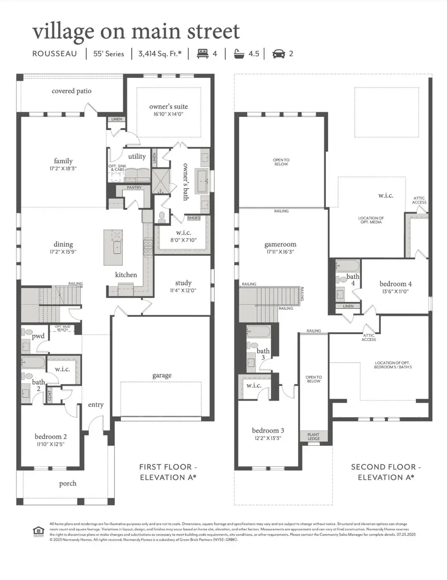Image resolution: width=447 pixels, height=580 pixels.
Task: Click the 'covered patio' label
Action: click(72, 91)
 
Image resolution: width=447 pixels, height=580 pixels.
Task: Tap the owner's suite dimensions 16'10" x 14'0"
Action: click(168, 114)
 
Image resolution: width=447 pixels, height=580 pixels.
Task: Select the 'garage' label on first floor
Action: click(162, 375)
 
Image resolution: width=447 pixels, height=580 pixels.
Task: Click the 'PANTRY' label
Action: click(134, 188)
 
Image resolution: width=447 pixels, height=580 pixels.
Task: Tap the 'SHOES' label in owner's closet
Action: click(193, 217)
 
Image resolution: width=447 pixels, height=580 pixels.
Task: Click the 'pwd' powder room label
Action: click(38, 336)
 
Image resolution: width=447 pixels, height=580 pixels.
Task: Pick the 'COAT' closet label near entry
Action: click(50, 395)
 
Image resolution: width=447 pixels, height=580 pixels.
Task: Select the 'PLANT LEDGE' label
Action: click(313, 436)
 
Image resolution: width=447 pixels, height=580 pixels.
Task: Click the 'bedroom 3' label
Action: click(268, 431)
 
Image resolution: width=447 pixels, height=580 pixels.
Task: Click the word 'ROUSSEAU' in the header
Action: click(55, 53)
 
